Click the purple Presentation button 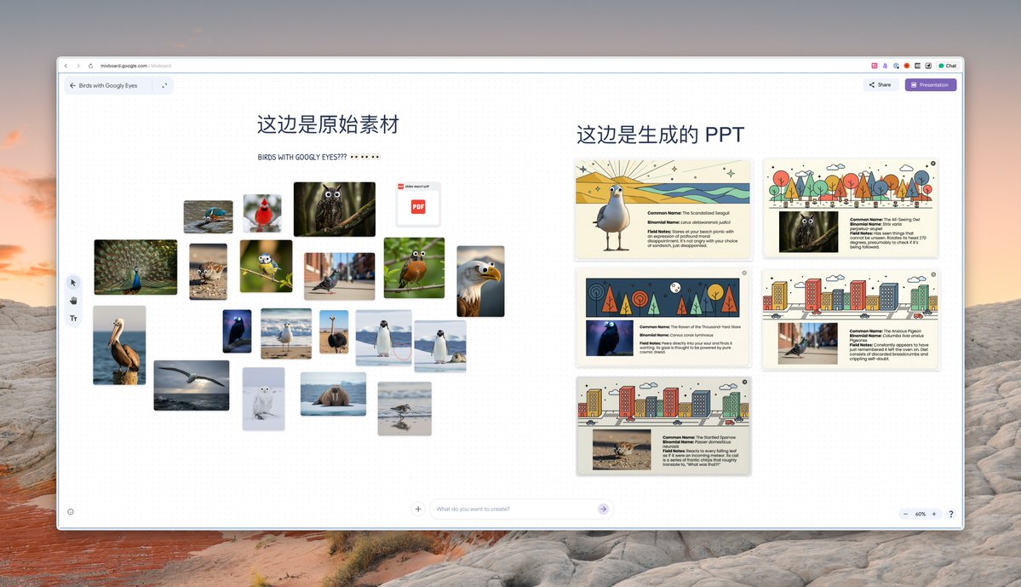(930, 85)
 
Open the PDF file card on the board (418, 204)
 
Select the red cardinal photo (262, 213)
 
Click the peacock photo (135, 267)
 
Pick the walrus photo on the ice (333, 394)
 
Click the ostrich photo (334, 331)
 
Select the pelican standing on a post (119, 345)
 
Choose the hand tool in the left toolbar (73, 300)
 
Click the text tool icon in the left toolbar (73, 318)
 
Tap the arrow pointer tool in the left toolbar (73, 282)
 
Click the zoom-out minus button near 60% (905, 514)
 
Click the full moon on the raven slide (674, 286)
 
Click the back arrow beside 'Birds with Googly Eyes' (72, 85)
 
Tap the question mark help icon (951, 514)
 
